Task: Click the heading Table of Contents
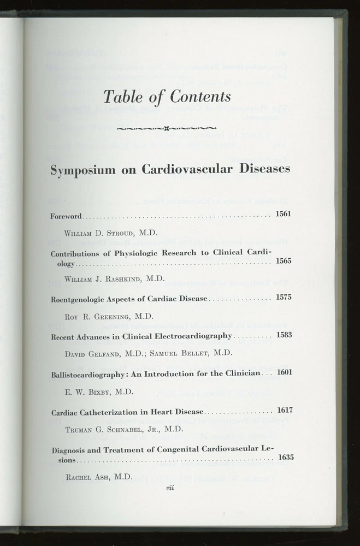point(167,97)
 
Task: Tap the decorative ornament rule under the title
point(167,129)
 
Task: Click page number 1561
point(284,213)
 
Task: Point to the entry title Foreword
point(66,216)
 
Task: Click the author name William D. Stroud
point(103,233)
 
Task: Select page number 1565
point(284,260)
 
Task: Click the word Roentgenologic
point(81,299)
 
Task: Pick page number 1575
point(284,297)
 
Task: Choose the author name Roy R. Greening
point(101,316)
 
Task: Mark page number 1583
point(284,334)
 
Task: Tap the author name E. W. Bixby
point(91,391)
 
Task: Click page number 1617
point(286,410)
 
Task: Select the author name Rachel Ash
point(91,477)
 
